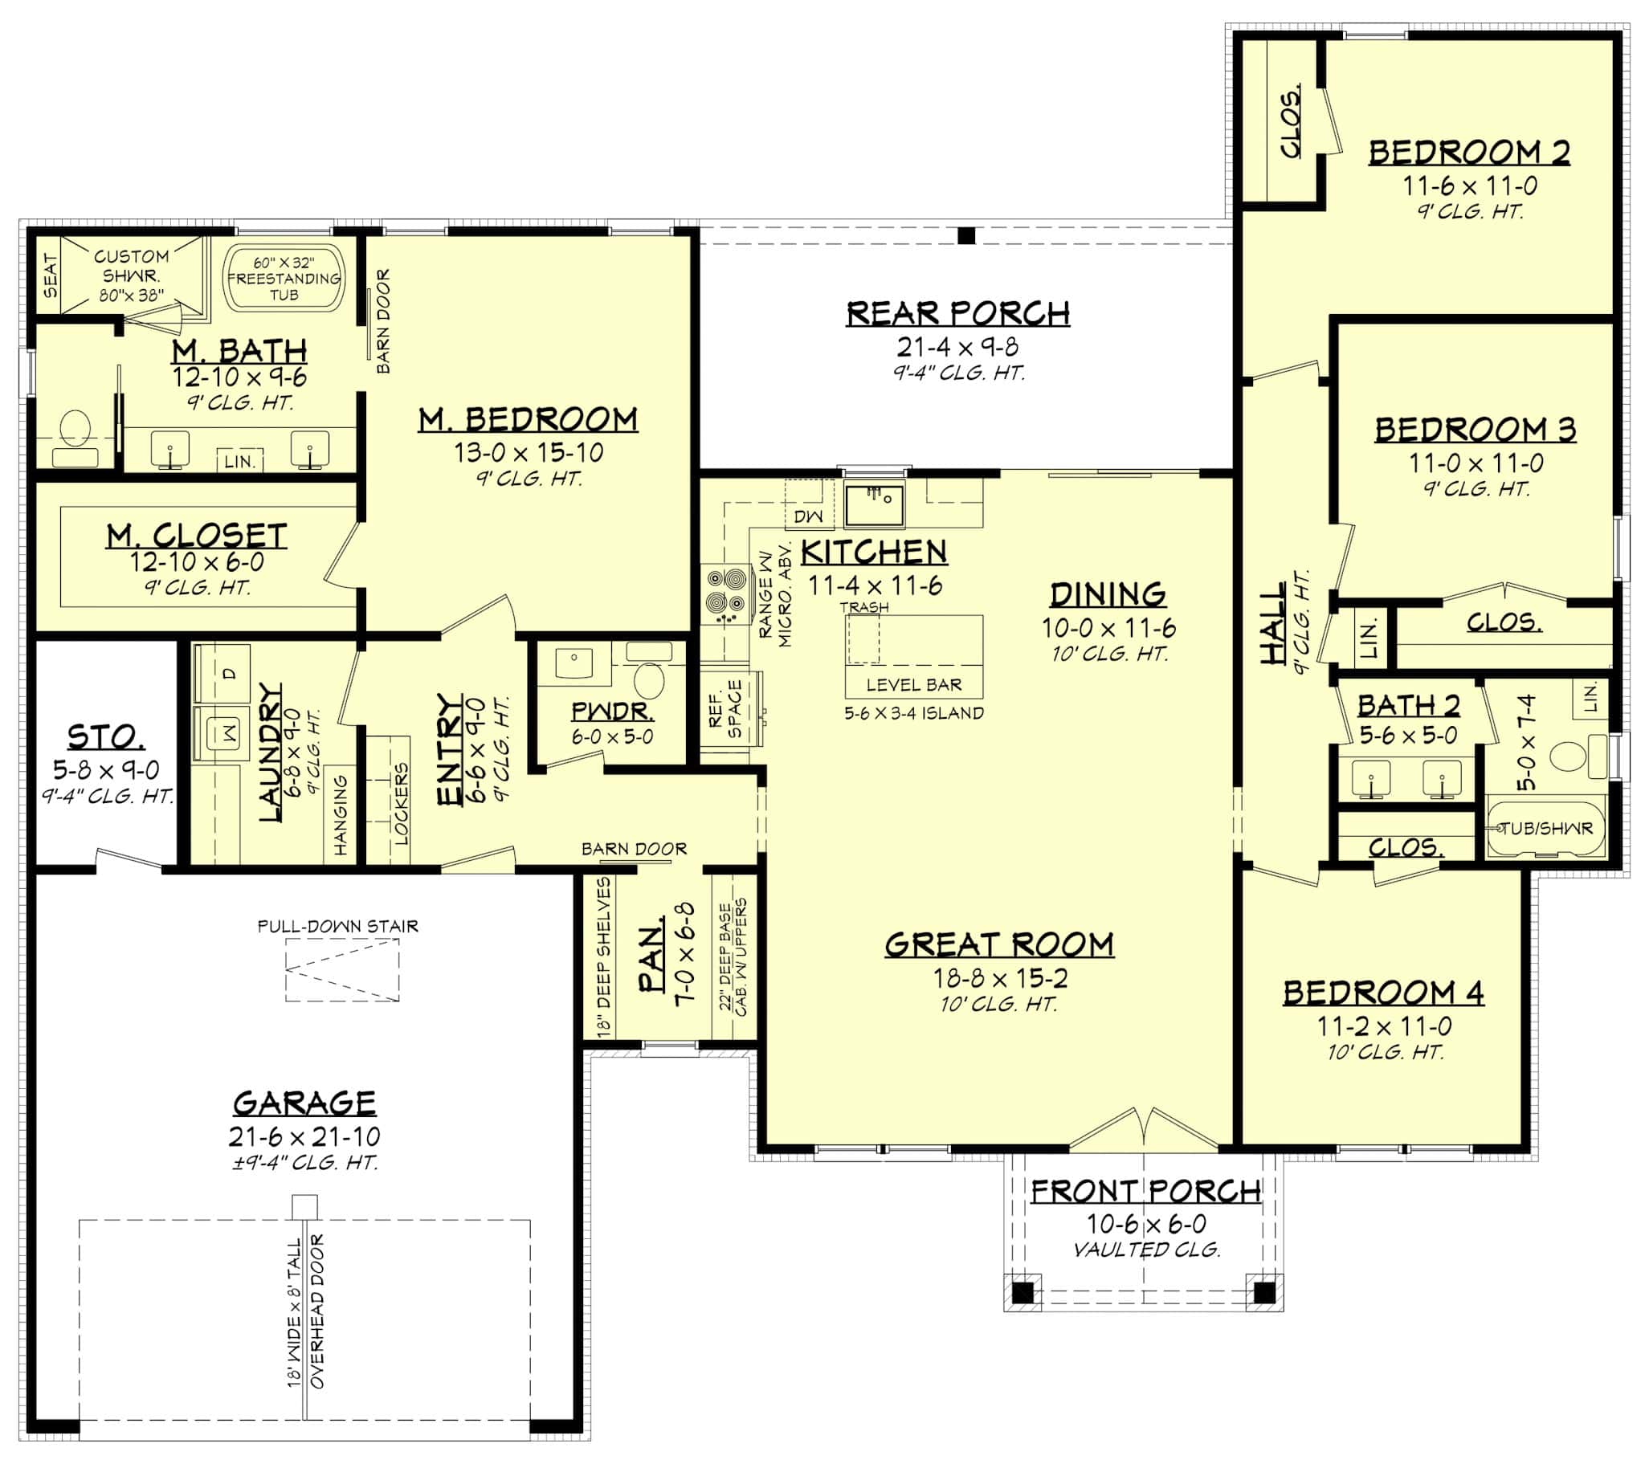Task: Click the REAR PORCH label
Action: click(957, 313)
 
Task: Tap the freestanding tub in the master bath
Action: click(284, 278)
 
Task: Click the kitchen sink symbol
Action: click(874, 504)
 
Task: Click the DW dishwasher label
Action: click(808, 516)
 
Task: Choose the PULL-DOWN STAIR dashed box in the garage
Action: click(341, 970)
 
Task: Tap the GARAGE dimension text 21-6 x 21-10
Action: click(304, 1136)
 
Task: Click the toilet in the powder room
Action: click(649, 679)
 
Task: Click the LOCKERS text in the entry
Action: click(402, 802)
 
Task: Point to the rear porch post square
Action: click(966, 236)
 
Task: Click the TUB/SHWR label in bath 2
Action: click(1546, 828)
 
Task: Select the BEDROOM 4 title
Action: click(1382, 993)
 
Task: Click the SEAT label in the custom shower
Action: click(50, 276)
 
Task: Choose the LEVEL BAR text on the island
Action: click(913, 685)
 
